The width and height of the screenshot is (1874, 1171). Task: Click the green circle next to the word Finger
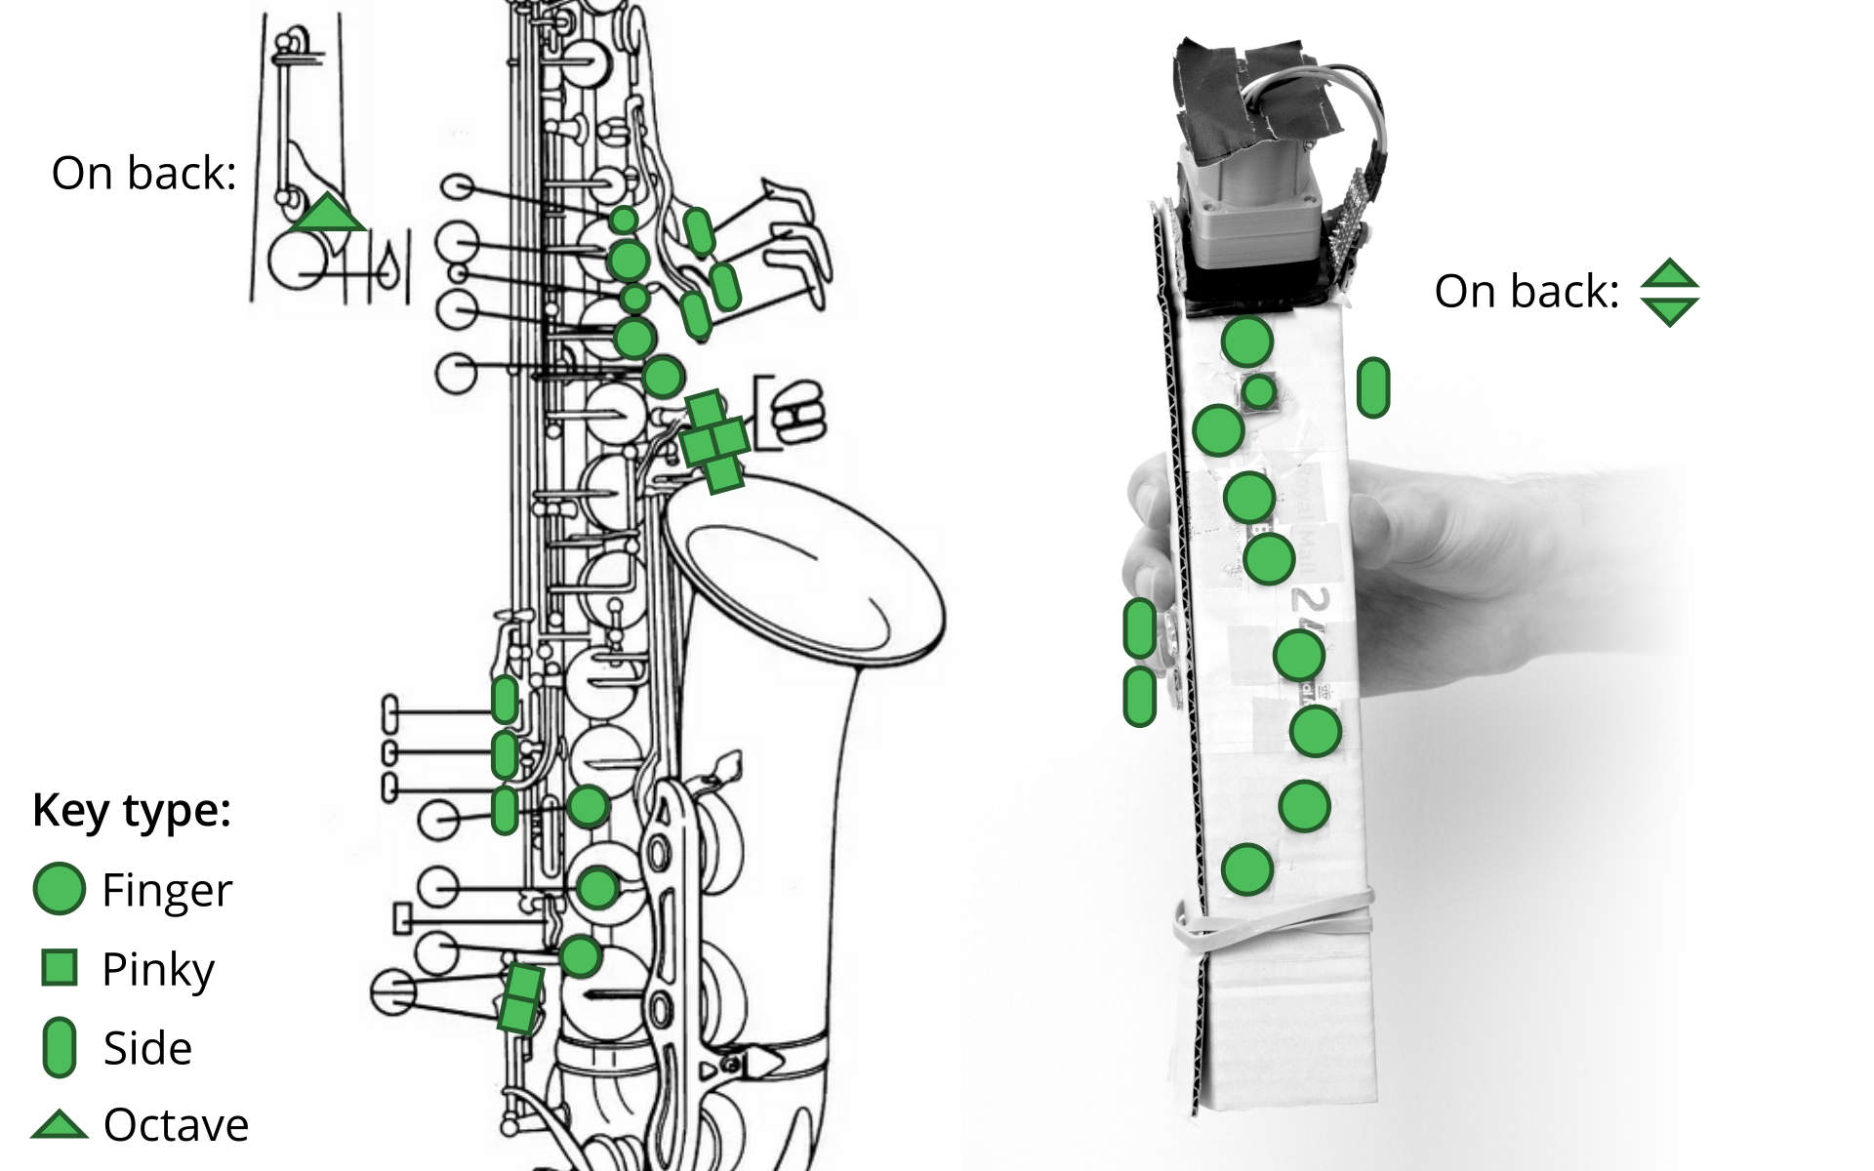[x=59, y=889]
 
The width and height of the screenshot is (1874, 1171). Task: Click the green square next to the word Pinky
[x=60, y=967]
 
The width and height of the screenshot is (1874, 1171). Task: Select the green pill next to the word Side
[x=60, y=1047]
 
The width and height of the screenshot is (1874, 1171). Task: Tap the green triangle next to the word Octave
[x=59, y=1126]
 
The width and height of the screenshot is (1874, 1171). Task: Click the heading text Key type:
[x=131, y=810]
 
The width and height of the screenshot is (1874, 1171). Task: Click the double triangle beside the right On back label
[x=1669, y=292]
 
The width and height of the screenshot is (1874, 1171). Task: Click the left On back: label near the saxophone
[x=143, y=174]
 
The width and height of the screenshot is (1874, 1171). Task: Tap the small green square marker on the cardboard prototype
[x=1259, y=391]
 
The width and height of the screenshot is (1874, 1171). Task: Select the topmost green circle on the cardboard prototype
[x=1246, y=342]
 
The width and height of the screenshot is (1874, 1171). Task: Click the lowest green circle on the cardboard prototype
[x=1246, y=868]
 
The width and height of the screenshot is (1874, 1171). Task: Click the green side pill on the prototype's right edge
[x=1372, y=387]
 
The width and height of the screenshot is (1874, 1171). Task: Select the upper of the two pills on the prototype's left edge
[x=1139, y=627]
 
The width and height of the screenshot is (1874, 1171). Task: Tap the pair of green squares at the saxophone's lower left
[x=520, y=997]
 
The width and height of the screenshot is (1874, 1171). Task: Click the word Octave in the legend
[x=176, y=1126]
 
